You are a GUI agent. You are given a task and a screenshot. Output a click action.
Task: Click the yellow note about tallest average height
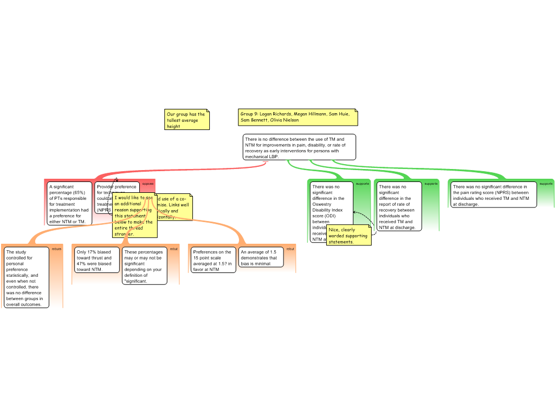click(x=186, y=120)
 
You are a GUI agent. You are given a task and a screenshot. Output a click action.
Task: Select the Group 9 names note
click(x=298, y=117)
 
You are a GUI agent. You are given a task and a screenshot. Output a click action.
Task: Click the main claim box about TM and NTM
click(x=299, y=147)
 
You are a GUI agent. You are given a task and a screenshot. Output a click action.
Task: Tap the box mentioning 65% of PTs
click(x=69, y=204)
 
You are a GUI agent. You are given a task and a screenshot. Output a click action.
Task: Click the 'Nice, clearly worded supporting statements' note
click(x=349, y=236)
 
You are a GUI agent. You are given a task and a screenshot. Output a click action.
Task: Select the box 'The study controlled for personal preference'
click(x=26, y=277)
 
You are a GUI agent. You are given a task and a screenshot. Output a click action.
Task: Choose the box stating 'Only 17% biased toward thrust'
click(x=96, y=261)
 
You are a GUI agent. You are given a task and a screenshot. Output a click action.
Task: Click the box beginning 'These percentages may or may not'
click(x=144, y=266)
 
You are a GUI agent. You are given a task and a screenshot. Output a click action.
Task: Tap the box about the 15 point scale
click(x=213, y=261)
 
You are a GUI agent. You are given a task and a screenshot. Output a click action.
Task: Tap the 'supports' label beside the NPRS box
click(x=546, y=184)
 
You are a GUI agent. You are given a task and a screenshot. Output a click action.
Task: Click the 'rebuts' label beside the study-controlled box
click(x=56, y=249)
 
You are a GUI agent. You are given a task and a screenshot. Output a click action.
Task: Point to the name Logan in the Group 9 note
click(x=267, y=114)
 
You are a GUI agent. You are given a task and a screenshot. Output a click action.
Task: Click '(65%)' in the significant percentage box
click(x=79, y=192)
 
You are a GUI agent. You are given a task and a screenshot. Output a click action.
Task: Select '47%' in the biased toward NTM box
click(x=82, y=264)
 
